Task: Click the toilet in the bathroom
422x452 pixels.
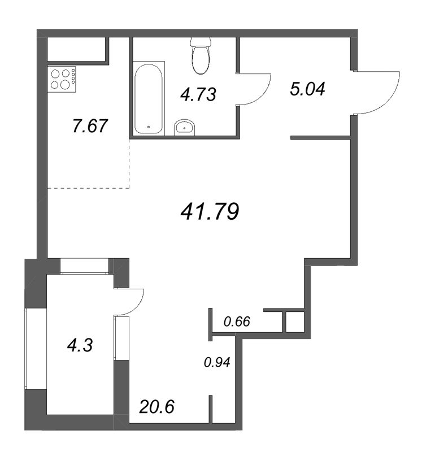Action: pyautogui.click(x=201, y=55)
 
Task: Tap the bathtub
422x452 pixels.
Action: pyautogui.click(x=149, y=98)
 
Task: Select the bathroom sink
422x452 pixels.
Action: pyautogui.click(x=185, y=127)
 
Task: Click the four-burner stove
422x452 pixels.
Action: pyautogui.click(x=62, y=79)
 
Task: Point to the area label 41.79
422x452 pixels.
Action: pyautogui.click(x=210, y=211)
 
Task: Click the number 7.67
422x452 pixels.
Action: pyautogui.click(x=90, y=126)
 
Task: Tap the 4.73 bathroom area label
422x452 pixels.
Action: pyautogui.click(x=198, y=94)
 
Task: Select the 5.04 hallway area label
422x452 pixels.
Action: pyautogui.click(x=307, y=89)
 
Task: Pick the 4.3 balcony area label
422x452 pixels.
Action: pyautogui.click(x=80, y=345)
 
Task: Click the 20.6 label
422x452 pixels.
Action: pyautogui.click(x=157, y=407)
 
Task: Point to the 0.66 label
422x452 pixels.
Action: pyautogui.click(x=237, y=321)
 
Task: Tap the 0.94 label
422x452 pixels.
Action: pyautogui.click(x=217, y=362)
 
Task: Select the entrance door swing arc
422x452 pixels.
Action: pyautogui.click(x=389, y=99)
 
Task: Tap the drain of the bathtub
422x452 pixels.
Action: pyautogui.click(x=149, y=127)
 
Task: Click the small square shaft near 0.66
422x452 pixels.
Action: pyautogui.click(x=295, y=321)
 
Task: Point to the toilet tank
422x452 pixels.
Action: pyautogui.click(x=201, y=42)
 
